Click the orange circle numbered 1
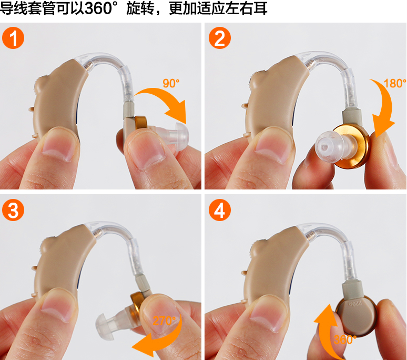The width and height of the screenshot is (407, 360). tap(13, 38)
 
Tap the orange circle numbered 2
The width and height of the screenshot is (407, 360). tap(220, 38)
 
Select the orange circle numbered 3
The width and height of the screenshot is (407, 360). tap(13, 210)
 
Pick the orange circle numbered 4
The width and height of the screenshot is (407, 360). tap(220, 210)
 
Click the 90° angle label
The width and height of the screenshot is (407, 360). tap(171, 83)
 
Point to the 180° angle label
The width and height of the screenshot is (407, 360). tap(395, 83)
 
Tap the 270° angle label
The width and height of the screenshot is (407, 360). tap(164, 321)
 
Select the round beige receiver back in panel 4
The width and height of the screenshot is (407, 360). tap(356, 317)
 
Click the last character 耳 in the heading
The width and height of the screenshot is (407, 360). tap(260, 8)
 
